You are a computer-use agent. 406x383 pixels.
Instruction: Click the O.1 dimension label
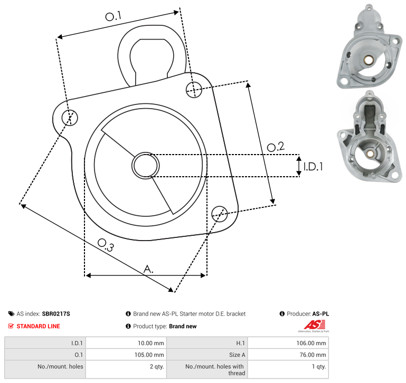(113, 16)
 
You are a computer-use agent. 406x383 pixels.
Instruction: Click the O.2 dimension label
(276, 147)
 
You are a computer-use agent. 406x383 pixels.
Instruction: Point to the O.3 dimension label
(106, 245)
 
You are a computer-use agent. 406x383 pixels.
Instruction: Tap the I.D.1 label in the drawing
(313, 167)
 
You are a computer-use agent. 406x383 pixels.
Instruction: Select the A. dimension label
(148, 269)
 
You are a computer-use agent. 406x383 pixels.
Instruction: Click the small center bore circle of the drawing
(146, 166)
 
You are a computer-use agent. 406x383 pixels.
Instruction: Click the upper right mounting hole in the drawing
(194, 90)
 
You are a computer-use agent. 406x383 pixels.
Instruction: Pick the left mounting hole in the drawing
(70, 118)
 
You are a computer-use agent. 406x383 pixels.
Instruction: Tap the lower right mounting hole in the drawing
(220, 214)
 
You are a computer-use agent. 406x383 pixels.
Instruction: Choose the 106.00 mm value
(311, 343)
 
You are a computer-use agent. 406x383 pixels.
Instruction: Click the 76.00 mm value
(313, 355)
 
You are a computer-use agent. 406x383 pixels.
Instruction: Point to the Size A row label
(237, 355)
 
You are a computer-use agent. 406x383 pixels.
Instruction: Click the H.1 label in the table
(241, 343)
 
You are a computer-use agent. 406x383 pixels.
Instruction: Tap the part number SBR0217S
(56, 314)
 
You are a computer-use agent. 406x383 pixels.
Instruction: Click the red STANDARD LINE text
(39, 327)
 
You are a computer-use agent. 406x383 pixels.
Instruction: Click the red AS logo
(315, 324)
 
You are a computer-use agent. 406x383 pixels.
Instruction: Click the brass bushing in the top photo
(368, 60)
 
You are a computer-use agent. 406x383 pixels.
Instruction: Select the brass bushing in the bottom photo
(370, 154)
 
